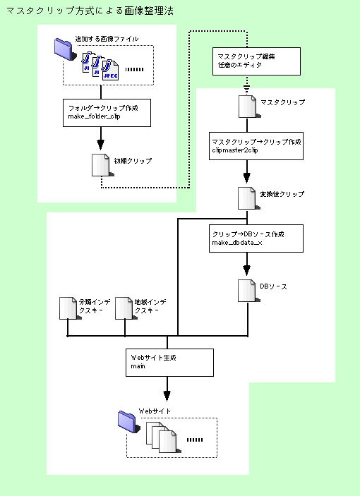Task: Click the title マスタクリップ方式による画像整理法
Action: pos(90,11)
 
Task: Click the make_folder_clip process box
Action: pos(107,113)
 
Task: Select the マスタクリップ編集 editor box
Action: pos(256,61)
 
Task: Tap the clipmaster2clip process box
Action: pos(256,146)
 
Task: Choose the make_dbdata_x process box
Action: pos(256,238)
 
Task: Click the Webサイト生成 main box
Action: pos(169,363)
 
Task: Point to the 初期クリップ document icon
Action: pos(102,165)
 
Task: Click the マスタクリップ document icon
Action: pos(249,107)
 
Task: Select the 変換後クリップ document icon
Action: pos(249,198)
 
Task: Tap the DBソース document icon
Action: pos(249,291)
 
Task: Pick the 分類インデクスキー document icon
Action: pos(70,308)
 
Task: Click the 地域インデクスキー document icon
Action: pos(126,308)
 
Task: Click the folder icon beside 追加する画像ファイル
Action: pos(65,49)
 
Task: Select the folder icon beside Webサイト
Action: pos(128,422)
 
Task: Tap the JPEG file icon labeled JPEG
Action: pos(110,70)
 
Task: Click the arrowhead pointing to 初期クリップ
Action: pos(101,145)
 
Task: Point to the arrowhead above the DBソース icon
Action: pos(247,270)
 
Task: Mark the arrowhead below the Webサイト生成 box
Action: pos(167,396)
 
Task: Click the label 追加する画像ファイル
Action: pos(107,39)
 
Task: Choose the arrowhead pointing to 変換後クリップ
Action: pos(247,178)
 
